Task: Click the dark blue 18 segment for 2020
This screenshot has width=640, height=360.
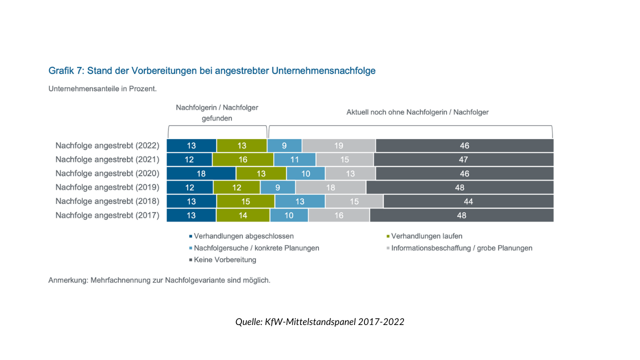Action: click(201, 173)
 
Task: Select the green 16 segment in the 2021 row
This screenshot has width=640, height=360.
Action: click(242, 159)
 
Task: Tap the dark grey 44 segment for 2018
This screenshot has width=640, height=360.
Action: click(468, 201)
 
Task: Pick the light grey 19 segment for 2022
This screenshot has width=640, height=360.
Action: click(338, 145)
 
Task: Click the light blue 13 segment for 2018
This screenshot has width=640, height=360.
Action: click(299, 201)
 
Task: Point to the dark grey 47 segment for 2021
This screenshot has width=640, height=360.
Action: click(463, 159)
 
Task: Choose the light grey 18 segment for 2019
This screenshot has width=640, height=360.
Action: click(330, 187)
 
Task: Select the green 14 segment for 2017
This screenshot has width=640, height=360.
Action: click(242, 215)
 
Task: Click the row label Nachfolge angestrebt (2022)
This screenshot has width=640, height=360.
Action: click(107, 145)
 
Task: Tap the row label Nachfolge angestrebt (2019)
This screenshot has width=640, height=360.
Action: click(107, 187)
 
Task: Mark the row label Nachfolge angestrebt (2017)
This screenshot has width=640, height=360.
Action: click(107, 215)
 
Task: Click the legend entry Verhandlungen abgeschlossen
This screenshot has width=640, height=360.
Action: click(243, 236)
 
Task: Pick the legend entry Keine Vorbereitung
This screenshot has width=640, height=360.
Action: click(224, 260)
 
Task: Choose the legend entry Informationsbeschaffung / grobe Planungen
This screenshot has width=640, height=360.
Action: click(461, 248)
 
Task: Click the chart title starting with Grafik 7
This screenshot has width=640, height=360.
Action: click(212, 71)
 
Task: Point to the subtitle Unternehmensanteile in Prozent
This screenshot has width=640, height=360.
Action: click(102, 89)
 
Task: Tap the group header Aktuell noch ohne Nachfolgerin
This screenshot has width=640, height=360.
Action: click(417, 112)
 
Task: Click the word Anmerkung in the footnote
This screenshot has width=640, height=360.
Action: click(67, 280)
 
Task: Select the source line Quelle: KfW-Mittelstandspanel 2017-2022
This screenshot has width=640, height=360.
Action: click(319, 322)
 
